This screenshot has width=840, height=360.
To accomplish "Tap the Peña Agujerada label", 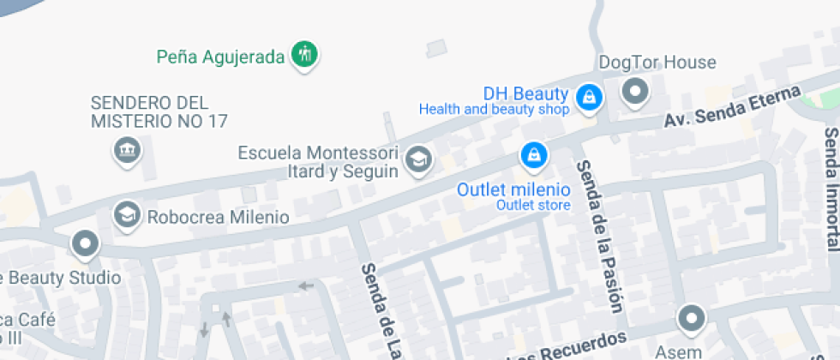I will tap(220, 57).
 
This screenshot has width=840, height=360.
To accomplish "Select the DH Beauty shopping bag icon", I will tap(589, 97).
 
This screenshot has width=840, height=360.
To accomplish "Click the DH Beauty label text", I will tap(525, 93).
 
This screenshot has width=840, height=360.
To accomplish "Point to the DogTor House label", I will tap(657, 63).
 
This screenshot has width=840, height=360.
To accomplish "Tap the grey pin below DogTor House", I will tap(635, 90).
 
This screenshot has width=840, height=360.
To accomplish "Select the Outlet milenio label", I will tap(513, 189).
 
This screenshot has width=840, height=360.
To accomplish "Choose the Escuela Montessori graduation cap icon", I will tap(418, 159).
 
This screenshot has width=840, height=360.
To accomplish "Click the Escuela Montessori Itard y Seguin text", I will tap(319, 162).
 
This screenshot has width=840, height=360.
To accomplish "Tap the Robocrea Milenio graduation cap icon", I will tap(128, 214).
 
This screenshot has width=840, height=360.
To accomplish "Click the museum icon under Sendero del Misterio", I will tap(128, 151).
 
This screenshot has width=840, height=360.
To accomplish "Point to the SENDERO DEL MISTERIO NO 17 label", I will tap(159, 112).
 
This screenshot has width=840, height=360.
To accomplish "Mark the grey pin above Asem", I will tap(691, 320).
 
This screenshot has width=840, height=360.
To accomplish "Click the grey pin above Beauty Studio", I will tap(85, 245).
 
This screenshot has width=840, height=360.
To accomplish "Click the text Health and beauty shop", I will tap(494, 110).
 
